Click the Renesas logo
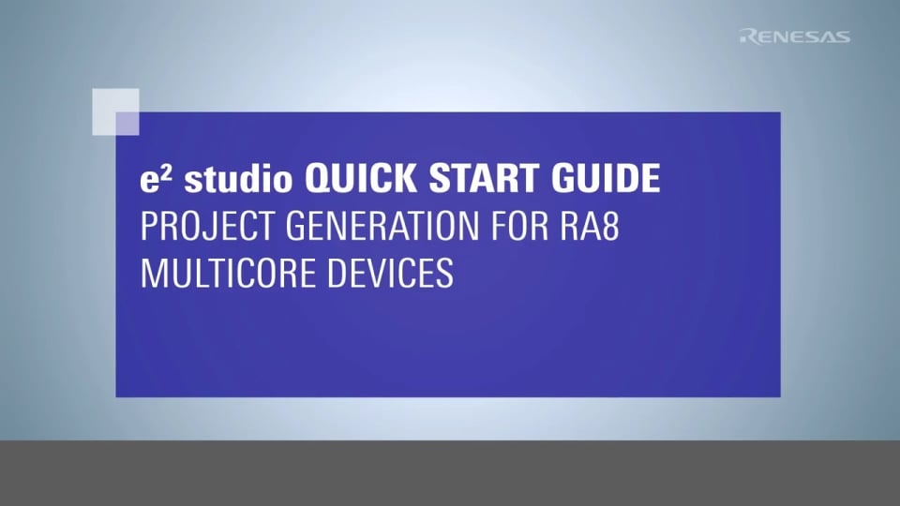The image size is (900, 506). point(794,37)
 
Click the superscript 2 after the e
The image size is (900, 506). point(160,171)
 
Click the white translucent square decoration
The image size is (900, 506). point(115,112)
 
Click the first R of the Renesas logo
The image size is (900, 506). point(747,37)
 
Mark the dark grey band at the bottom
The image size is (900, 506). point(450,473)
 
